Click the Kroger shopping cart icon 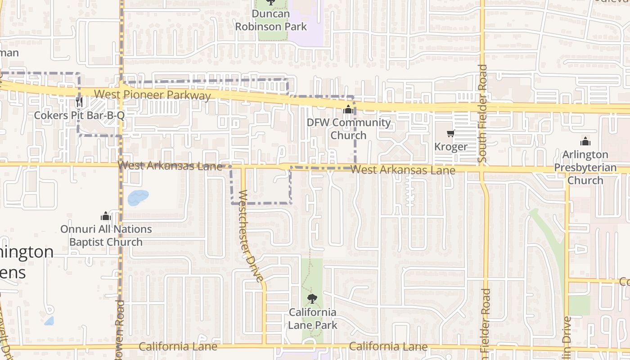[450, 134]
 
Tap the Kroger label [450, 147]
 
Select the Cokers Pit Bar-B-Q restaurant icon [79, 102]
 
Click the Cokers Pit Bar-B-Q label [79, 116]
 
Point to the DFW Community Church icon [348, 109]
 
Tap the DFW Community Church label [348, 129]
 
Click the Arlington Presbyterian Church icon [585, 141]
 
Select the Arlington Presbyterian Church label [585, 167]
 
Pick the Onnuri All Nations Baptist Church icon [106, 216]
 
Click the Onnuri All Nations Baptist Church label [106, 235]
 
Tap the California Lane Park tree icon [312, 298]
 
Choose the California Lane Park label [312, 318]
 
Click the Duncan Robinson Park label [271, 20]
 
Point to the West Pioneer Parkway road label [153, 95]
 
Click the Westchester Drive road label [250, 236]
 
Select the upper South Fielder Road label [483, 113]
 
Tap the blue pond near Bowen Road [138, 197]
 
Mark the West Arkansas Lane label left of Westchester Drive [170, 166]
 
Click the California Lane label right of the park [388, 346]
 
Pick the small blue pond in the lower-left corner [49, 321]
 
